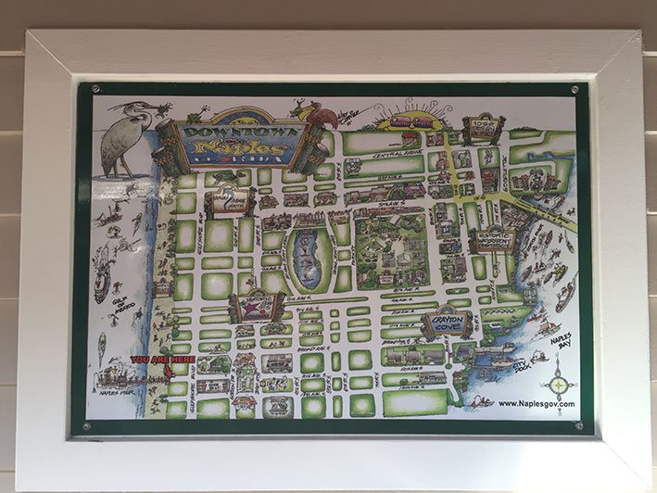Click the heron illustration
coord(124,139)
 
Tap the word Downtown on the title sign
coord(240,131)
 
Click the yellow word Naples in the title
coord(239,147)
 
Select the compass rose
coord(560,382)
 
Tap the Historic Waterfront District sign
coord(495,240)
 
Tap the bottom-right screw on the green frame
coord(579,425)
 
